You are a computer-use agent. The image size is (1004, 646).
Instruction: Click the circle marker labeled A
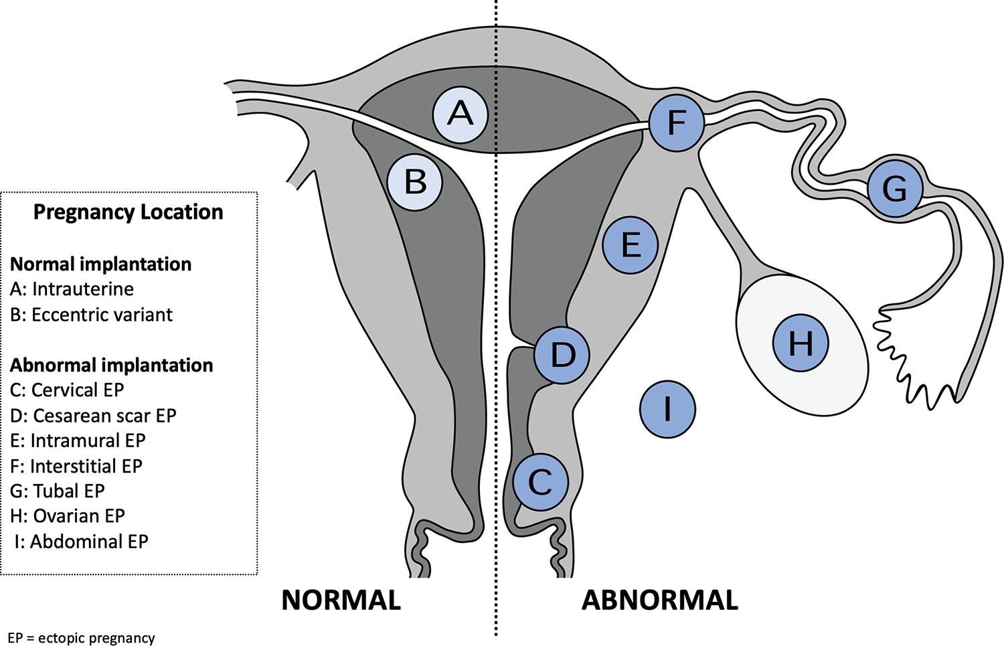pyautogui.click(x=461, y=114)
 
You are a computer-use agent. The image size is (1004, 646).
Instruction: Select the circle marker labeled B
pyautogui.click(x=416, y=182)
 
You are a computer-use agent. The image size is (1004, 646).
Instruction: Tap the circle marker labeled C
pyautogui.click(x=541, y=482)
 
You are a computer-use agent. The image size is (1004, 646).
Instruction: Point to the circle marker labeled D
pyautogui.click(x=562, y=355)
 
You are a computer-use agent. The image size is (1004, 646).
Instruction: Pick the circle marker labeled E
pyautogui.click(x=631, y=245)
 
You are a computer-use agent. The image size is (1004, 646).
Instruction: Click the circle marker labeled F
pyautogui.click(x=677, y=123)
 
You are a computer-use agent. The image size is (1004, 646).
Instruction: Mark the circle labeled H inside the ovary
pyautogui.click(x=801, y=343)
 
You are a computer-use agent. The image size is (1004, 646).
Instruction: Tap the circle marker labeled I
pyautogui.click(x=667, y=409)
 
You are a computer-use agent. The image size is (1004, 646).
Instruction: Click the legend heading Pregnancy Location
pyautogui.click(x=128, y=212)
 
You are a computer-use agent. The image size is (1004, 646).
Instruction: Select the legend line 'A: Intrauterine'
pyautogui.click(x=72, y=289)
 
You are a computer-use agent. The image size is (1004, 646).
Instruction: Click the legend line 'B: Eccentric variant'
pyautogui.click(x=91, y=315)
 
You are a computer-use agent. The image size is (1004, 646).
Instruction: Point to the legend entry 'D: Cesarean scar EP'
pyautogui.click(x=93, y=416)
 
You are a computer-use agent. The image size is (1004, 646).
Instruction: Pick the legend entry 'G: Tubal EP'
pyautogui.click(x=58, y=491)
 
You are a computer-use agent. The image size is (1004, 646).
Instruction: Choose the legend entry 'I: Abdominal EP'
pyautogui.click(x=81, y=542)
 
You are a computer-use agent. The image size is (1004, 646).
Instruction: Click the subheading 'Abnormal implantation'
pyautogui.click(x=111, y=366)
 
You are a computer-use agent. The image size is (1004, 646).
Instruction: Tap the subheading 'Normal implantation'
pyautogui.click(x=100, y=264)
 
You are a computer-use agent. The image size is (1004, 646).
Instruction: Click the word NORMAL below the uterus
pyautogui.click(x=341, y=600)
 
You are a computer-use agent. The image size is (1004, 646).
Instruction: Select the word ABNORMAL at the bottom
pyautogui.click(x=659, y=600)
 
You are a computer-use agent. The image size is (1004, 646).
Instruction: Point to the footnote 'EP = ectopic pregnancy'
pyautogui.click(x=81, y=638)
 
